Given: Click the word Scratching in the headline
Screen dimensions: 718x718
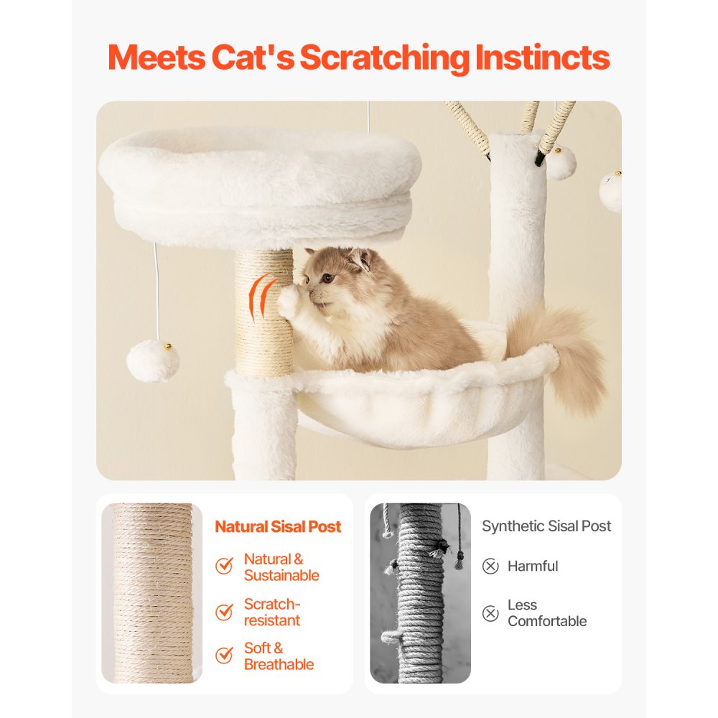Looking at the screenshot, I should (x=384, y=58).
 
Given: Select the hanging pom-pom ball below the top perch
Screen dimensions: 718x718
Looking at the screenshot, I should (x=153, y=360).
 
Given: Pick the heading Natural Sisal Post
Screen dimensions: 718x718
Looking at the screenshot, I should (x=278, y=527).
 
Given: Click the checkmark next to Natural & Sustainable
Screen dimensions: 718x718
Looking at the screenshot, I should (x=224, y=567).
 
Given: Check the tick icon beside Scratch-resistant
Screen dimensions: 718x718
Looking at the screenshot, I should (x=224, y=612).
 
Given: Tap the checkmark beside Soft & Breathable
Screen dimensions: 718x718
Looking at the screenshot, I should (x=224, y=656).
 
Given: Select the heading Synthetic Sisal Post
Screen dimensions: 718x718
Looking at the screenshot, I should (x=546, y=526).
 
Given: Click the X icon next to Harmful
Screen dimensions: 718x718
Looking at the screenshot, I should (x=490, y=567).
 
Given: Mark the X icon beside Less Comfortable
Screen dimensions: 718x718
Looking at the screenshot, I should (x=490, y=613).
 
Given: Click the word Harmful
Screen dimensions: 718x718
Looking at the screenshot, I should (x=532, y=567).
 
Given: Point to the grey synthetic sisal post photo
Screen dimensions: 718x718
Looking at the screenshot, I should (x=420, y=593).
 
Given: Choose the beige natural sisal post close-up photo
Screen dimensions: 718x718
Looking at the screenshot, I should (x=148, y=593).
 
